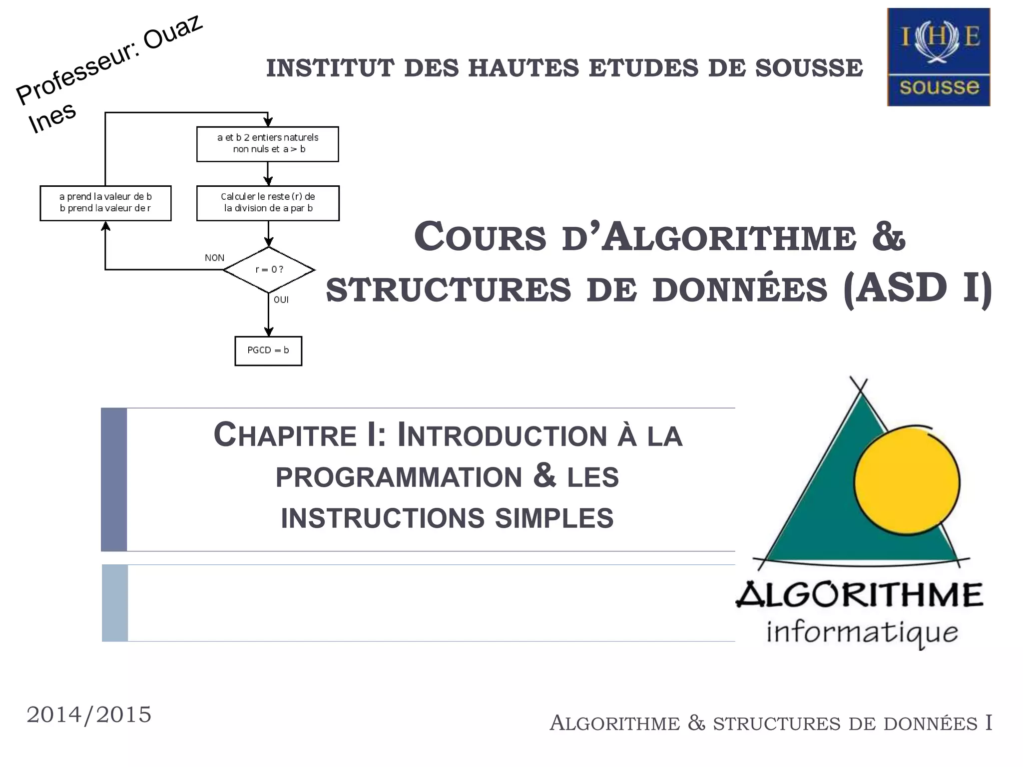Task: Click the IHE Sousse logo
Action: click(x=938, y=57)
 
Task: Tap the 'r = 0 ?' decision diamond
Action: click(x=269, y=270)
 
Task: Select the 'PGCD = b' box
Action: click(x=268, y=351)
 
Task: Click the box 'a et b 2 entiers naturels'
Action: click(x=268, y=144)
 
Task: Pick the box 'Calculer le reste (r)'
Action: click(x=268, y=203)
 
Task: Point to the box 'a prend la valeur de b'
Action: click(x=105, y=203)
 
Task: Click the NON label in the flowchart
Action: click(x=214, y=258)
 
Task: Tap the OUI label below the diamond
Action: click(x=281, y=300)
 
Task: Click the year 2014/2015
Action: click(x=89, y=715)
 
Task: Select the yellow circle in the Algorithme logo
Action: click(x=907, y=482)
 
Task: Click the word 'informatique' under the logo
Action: click(x=862, y=633)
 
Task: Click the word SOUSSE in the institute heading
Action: click(x=809, y=68)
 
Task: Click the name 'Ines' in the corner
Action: click(x=52, y=118)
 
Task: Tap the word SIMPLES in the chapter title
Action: click(x=554, y=518)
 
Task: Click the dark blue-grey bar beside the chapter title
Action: click(x=114, y=479)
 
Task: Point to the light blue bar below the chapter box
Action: click(x=115, y=603)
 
